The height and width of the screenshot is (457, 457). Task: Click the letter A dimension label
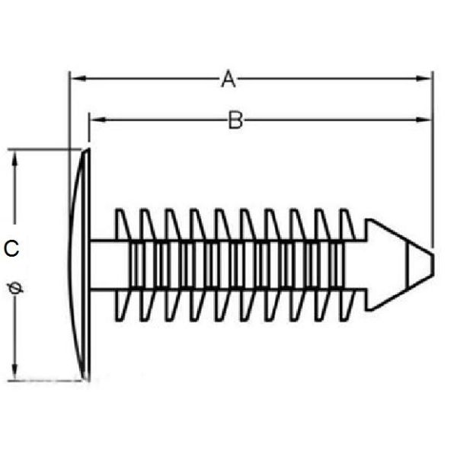pyautogui.click(x=228, y=78)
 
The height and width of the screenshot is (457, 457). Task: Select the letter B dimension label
pyautogui.click(x=236, y=120)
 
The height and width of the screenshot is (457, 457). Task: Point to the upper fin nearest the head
pyautogui.click(x=122, y=225)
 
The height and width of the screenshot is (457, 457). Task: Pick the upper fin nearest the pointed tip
pyautogui.click(x=347, y=225)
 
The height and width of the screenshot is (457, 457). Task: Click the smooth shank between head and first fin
pyautogui.click(x=104, y=264)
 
